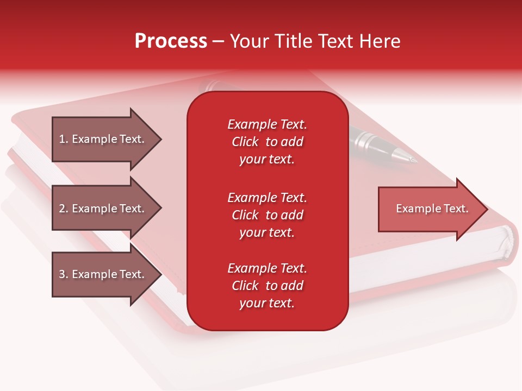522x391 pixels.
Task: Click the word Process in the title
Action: click(x=171, y=41)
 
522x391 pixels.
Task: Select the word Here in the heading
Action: click(x=380, y=41)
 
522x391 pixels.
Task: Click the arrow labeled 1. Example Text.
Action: click(x=107, y=140)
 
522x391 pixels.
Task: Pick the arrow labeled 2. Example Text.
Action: click(x=107, y=208)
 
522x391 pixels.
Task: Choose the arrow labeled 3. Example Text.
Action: click(x=107, y=274)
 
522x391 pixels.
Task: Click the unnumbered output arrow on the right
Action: click(x=433, y=209)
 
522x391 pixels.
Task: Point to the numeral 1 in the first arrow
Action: click(x=62, y=139)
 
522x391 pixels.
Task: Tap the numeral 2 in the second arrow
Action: click(x=62, y=209)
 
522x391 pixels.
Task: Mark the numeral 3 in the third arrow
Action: click(x=62, y=274)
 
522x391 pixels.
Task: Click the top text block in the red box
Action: click(x=268, y=142)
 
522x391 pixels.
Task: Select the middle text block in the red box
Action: click(x=268, y=215)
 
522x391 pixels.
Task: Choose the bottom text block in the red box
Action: click(x=268, y=286)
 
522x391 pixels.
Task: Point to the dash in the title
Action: click(x=219, y=42)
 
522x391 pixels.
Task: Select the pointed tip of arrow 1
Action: click(x=162, y=140)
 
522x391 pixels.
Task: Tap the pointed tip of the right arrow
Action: click(x=488, y=209)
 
